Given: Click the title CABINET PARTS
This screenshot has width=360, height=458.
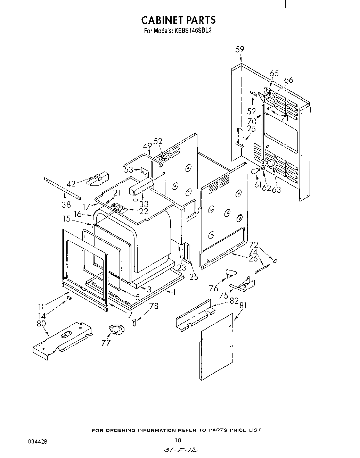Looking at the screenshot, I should tap(178, 20).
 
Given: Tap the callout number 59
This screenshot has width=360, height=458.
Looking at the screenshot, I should tap(240, 49).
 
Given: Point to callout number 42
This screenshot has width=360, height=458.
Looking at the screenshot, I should tap(71, 184).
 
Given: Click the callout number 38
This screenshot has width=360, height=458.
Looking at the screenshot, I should tap(66, 205).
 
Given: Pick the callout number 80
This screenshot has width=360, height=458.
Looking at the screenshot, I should tap(41, 324).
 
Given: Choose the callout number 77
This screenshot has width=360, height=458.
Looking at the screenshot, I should tap(106, 343).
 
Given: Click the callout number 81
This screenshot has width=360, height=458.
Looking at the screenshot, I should tap(243, 306).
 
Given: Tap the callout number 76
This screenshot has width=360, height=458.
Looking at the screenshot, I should tap(213, 289).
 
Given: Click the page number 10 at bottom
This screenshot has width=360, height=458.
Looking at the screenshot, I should tap(178, 440).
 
